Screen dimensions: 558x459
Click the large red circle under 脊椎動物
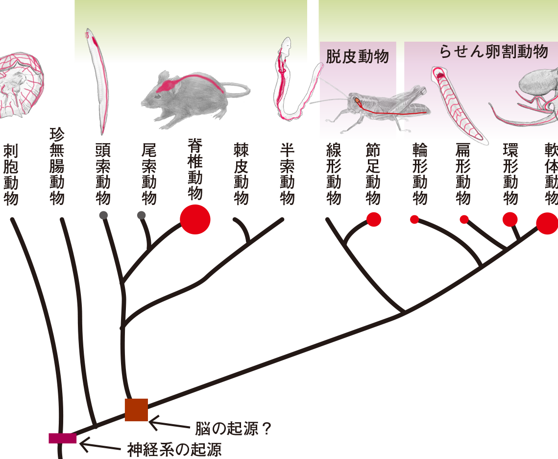pos(195,219)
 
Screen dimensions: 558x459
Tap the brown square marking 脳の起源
pos(136,410)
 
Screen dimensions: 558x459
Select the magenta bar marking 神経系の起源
pos(63,438)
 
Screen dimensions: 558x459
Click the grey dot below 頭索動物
pos(103,215)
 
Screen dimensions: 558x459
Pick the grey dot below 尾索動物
pos(141,215)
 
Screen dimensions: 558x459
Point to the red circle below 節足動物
pos(374,219)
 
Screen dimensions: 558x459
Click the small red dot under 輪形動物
pos(414,219)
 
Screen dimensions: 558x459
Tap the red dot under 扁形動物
pos(464,219)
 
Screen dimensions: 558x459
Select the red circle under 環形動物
pos(510,219)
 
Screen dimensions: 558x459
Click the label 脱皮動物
pos(357,56)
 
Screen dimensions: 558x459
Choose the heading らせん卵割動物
pos(494,51)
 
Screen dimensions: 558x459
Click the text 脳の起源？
pos(234,429)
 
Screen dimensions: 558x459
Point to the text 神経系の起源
pos(174,450)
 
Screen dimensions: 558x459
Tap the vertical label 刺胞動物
pos(11,175)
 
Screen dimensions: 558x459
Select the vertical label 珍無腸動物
pos(57,166)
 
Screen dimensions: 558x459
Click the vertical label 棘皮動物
pos(241,174)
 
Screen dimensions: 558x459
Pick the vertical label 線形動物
pos(334,174)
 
